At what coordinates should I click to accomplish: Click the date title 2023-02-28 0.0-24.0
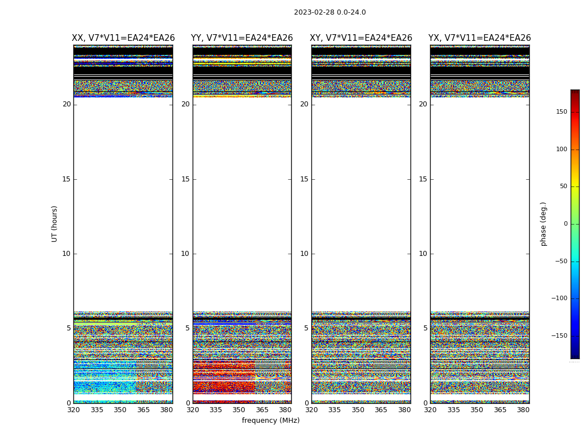[x=330, y=12]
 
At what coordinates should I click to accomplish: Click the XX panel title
[x=123, y=38]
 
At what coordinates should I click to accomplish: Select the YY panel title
[x=242, y=38]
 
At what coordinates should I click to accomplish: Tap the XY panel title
[x=361, y=38]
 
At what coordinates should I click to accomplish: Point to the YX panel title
[x=479, y=38]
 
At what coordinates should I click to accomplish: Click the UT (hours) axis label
[x=54, y=223]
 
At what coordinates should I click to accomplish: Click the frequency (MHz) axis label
[x=270, y=421]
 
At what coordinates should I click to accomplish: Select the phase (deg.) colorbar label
[x=543, y=223]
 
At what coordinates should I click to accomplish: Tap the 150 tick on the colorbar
[x=561, y=112]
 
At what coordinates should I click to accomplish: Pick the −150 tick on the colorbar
[x=559, y=336]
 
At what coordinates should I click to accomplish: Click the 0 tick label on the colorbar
[x=565, y=224]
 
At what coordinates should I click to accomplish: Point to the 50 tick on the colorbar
[x=563, y=186]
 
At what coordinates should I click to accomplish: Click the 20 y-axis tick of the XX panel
[x=67, y=104]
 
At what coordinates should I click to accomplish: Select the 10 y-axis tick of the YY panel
[x=185, y=254]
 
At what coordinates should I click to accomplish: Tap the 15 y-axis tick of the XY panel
[x=304, y=179]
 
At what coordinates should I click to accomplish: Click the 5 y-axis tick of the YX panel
[x=425, y=328]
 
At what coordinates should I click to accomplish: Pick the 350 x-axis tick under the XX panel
[x=120, y=410]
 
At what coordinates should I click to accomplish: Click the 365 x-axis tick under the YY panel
[x=262, y=410]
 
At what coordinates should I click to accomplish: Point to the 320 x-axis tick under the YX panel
[x=430, y=410]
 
